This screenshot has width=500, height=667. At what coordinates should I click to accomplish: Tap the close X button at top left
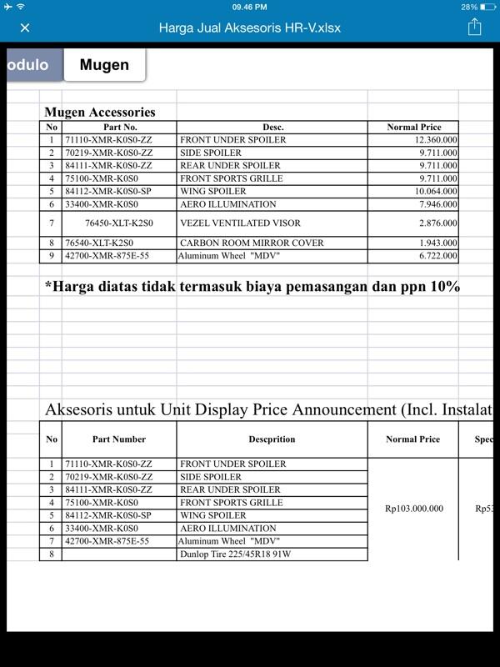(25, 28)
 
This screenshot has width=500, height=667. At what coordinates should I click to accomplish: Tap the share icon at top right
(474, 27)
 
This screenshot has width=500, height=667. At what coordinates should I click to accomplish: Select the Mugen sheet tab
(104, 65)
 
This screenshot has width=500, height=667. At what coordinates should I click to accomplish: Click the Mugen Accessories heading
(99, 112)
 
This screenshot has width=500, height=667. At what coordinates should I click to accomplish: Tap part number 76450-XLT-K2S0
(119, 223)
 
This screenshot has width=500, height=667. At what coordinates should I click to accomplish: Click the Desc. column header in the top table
(272, 128)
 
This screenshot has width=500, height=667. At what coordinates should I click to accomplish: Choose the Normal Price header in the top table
(413, 128)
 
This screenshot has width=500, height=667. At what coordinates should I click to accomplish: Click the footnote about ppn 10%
(252, 287)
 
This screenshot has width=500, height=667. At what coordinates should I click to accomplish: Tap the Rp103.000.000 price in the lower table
(413, 509)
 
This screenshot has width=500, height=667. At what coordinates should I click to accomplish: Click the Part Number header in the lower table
(119, 439)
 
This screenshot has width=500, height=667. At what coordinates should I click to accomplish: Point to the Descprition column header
(272, 439)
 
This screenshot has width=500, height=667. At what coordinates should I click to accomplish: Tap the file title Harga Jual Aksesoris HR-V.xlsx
(249, 28)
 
